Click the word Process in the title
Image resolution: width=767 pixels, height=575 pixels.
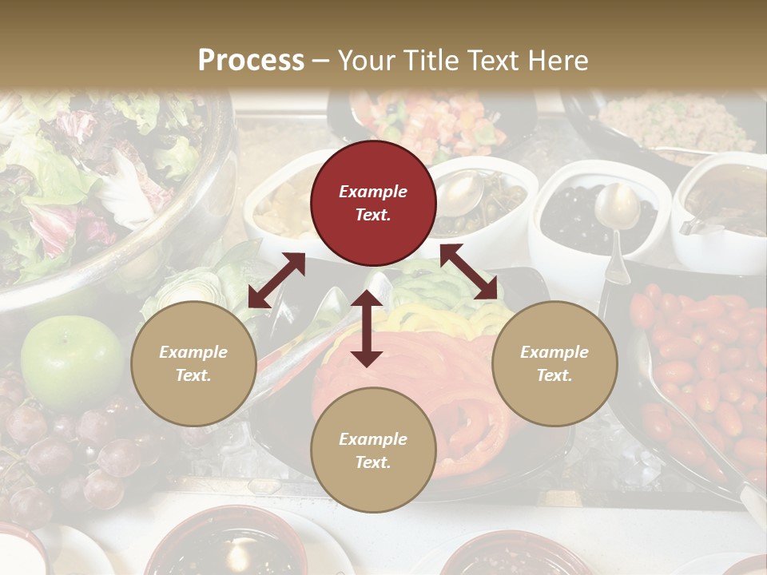point(251,61)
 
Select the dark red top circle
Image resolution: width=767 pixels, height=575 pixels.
point(373,203)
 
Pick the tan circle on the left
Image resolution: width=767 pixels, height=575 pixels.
point(193,363)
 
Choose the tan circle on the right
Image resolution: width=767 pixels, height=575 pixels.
point(554,363)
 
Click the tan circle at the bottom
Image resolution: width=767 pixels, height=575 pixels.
point(373,450)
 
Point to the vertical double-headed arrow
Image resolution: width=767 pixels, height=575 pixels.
point(367,328)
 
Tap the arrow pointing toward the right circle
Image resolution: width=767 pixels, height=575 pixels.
point(469,272)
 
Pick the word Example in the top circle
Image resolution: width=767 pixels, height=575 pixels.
point(373,192)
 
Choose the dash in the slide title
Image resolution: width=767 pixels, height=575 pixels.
point(321,61)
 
